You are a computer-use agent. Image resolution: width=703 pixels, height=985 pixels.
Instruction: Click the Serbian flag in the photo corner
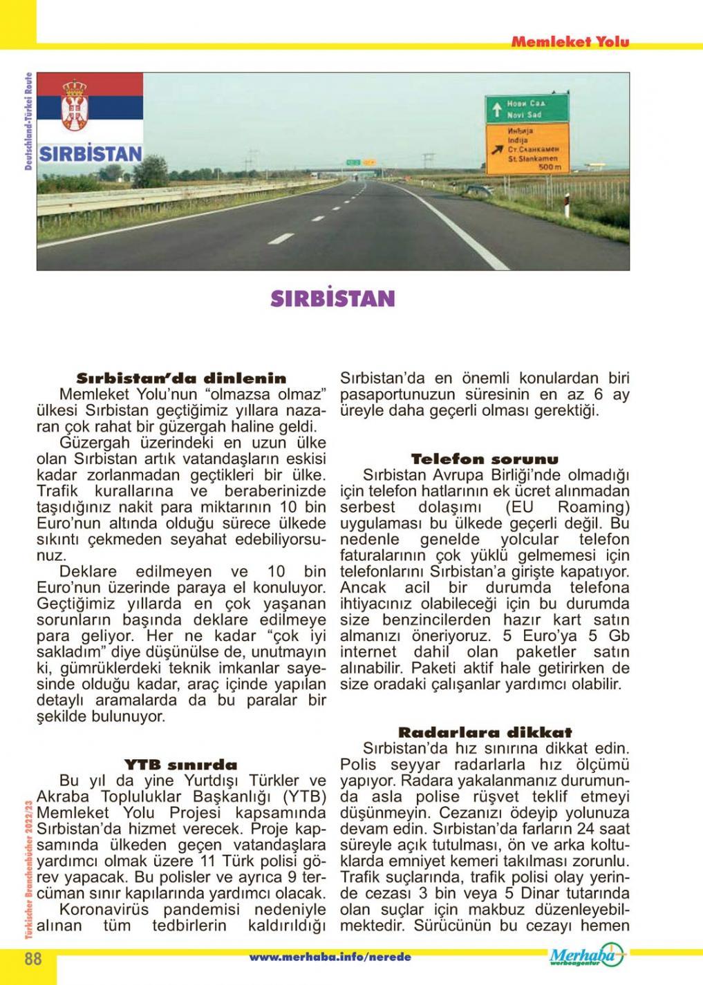(x=90, y=107)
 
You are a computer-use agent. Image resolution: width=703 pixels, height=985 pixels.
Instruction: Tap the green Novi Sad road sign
(x=527, y=108)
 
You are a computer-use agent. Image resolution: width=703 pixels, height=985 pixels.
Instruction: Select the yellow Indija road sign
(x=527, y=149)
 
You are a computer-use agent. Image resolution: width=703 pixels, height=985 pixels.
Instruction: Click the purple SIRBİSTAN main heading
(x=332, y=298)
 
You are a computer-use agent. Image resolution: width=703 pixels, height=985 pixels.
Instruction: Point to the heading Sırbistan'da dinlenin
(x=180, y=379)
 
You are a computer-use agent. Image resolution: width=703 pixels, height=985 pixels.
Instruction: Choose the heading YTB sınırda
(x=180, y=765)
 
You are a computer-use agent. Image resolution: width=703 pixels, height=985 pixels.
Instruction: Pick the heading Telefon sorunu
(x=485, y=459)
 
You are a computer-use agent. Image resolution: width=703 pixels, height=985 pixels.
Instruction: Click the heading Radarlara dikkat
(x=485, y=732)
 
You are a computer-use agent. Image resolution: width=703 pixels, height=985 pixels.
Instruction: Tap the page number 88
(x=34, y=959)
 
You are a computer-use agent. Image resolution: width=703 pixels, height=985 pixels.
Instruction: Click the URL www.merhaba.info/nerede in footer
(x=330, y=957)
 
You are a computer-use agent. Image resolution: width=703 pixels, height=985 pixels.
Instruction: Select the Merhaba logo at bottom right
(x=587, y=956)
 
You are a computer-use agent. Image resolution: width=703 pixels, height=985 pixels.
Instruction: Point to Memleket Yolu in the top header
(x=570, y=41)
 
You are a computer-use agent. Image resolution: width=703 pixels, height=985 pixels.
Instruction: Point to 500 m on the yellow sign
(x=551, y=168)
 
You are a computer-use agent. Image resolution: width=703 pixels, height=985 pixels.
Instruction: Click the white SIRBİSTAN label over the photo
(x=91, y=153)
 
